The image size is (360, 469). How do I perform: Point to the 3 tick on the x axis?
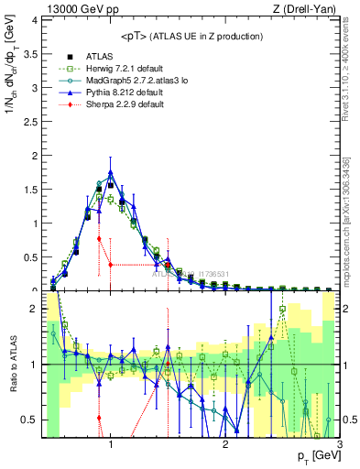(340, 445)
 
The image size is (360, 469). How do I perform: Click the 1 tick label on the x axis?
(111, 445)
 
